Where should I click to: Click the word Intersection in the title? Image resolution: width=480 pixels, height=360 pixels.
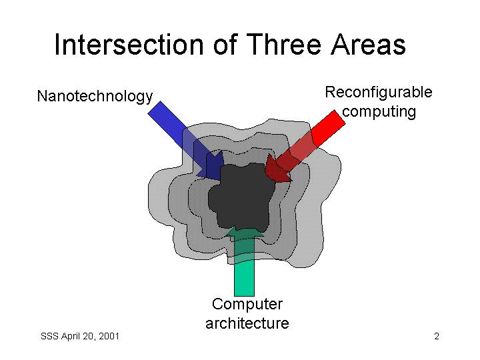[129, 45]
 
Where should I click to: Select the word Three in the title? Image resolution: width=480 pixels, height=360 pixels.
[283, 45]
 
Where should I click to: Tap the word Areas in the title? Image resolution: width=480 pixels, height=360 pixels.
[368, 45]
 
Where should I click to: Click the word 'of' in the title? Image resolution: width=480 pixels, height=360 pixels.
[225, 45]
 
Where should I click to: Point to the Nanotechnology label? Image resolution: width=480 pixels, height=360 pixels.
[95, 96]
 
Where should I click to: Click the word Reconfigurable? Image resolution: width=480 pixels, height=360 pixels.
[379, 92]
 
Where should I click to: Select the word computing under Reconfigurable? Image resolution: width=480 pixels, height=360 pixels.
[379, 112]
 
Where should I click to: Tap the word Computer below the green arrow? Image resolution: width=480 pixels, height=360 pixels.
[247, 304]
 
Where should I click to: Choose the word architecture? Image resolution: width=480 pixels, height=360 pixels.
[247, 323]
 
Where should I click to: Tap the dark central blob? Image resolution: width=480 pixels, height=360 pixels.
[242, 197]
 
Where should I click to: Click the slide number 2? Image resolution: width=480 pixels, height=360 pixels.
[437, 336]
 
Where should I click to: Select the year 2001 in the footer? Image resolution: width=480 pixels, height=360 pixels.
[109, 336]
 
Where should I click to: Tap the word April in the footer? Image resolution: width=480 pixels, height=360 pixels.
[70, 337]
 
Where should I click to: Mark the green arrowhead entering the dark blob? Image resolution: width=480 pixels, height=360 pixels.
[244, 231]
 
